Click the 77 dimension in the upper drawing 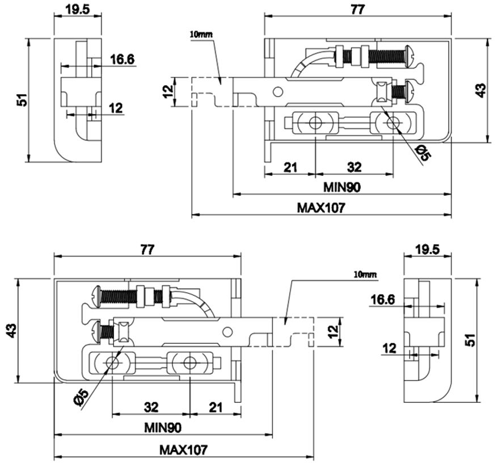pyautogui.click(x=358, y=10)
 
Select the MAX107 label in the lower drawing pyautogui.click(x=183, y=450)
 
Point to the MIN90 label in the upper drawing pyautogui.click(x=342, y=187)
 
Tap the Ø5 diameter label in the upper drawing pyautogui.click(x=424, y=153)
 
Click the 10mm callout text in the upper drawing pyautogui.click(x=201, y=34)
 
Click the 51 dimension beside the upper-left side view pyautogui.click(x=22, y=100)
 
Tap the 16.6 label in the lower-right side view pyautogui.click(x=383, y=300)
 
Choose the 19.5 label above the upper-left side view pyautogui.click(x=78, y=10)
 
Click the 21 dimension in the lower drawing pyautogui.click(x=216, y=407)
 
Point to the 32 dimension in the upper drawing pyautogui.click(x=354, y=167)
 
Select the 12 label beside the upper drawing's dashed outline pyautogui.click(x=168, y=91)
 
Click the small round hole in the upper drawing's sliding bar pyautogui.click(x=278, y=92)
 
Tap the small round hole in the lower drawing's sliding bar pyautogui.click(x=227, y=332)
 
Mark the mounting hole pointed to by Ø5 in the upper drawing pyautogui.click(x=393, y=123)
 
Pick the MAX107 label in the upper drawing pyautogui.click(x=321, y=208)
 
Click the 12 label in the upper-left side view pyautogui.click(x=116, y=108)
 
